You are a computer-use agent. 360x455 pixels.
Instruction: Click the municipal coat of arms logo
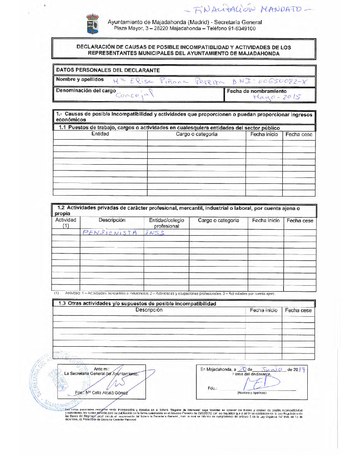tap(93, 24)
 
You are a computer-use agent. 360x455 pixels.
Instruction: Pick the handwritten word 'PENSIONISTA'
tap(110, 233)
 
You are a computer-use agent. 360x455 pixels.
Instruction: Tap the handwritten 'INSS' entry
tap(155, 233)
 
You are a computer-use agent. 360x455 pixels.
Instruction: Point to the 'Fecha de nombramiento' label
tap(256, 91)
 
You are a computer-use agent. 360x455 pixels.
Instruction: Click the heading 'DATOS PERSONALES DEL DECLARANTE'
tap(107, 70)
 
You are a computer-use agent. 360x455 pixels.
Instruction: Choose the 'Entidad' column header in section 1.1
tap(100, 134)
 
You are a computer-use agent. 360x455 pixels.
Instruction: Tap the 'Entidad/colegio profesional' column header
tap(166, 223)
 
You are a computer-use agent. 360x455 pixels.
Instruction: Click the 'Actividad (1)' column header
tap(65, 223)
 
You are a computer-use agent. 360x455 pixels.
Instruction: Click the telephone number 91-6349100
tap(239, 28)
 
